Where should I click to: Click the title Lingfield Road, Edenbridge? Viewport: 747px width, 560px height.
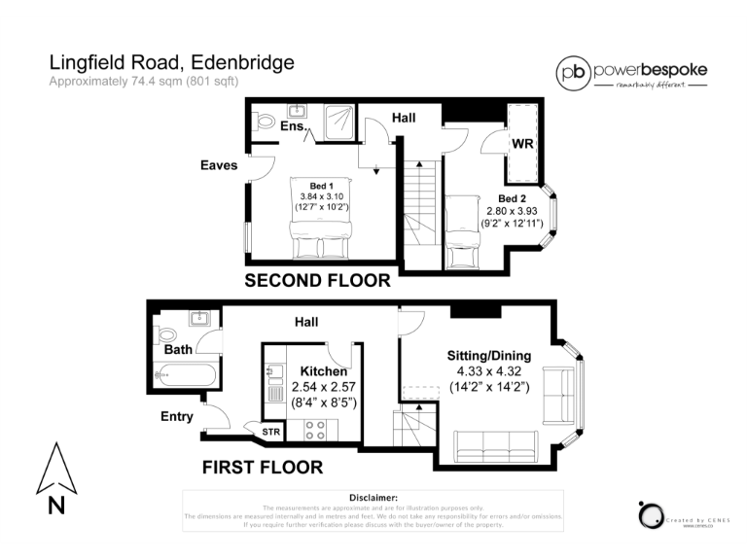point(171,63)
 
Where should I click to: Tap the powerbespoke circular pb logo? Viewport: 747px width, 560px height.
point(573,73)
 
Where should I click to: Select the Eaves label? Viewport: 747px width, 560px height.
point(219,165)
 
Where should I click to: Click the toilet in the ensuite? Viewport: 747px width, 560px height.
point(264,123)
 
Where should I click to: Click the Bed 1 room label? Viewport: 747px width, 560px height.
point(322,186)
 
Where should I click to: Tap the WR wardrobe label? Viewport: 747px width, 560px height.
point(521,144)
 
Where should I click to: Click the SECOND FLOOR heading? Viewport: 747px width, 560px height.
point(317,281)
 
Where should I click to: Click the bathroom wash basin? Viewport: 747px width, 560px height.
point(201,318)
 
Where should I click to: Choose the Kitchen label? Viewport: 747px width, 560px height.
point(322,372)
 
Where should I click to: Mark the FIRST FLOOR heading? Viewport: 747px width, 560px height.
point(262,468)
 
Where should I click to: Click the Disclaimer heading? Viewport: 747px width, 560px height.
point(373,497)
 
